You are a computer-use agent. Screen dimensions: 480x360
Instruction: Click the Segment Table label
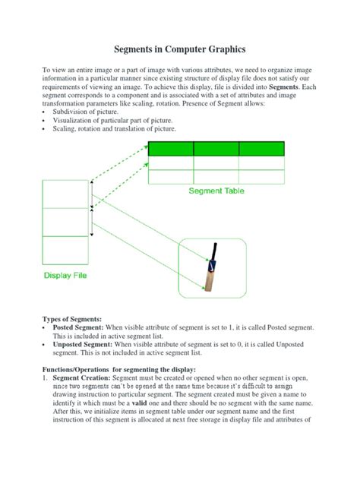[216, 191]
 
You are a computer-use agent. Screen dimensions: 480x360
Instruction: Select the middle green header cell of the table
[216, 149]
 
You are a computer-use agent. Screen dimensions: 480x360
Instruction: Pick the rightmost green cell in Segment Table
[261, 149]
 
